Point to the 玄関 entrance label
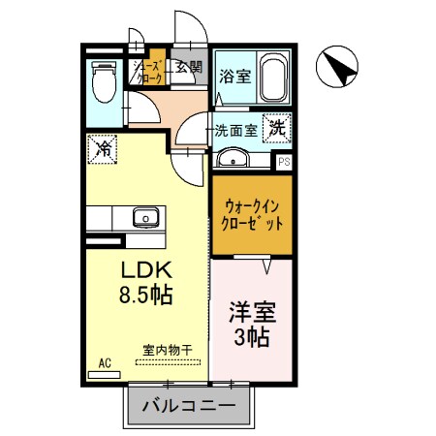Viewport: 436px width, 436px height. click(x=189, y=68)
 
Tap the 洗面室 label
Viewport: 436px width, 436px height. click(x=235, y=130)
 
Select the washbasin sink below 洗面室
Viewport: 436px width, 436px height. click(x=233, y=160)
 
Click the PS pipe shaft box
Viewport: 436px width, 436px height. click(x=284, y=163)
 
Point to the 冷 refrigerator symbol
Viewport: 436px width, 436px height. click(x=102, y=150)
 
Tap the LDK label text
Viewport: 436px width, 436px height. click(x=145, y=268)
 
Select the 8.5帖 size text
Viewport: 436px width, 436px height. click(x=145, y=294)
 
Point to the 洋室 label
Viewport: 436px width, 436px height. click(x=252, y=313)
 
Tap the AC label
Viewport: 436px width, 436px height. click(x=105, y=362)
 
